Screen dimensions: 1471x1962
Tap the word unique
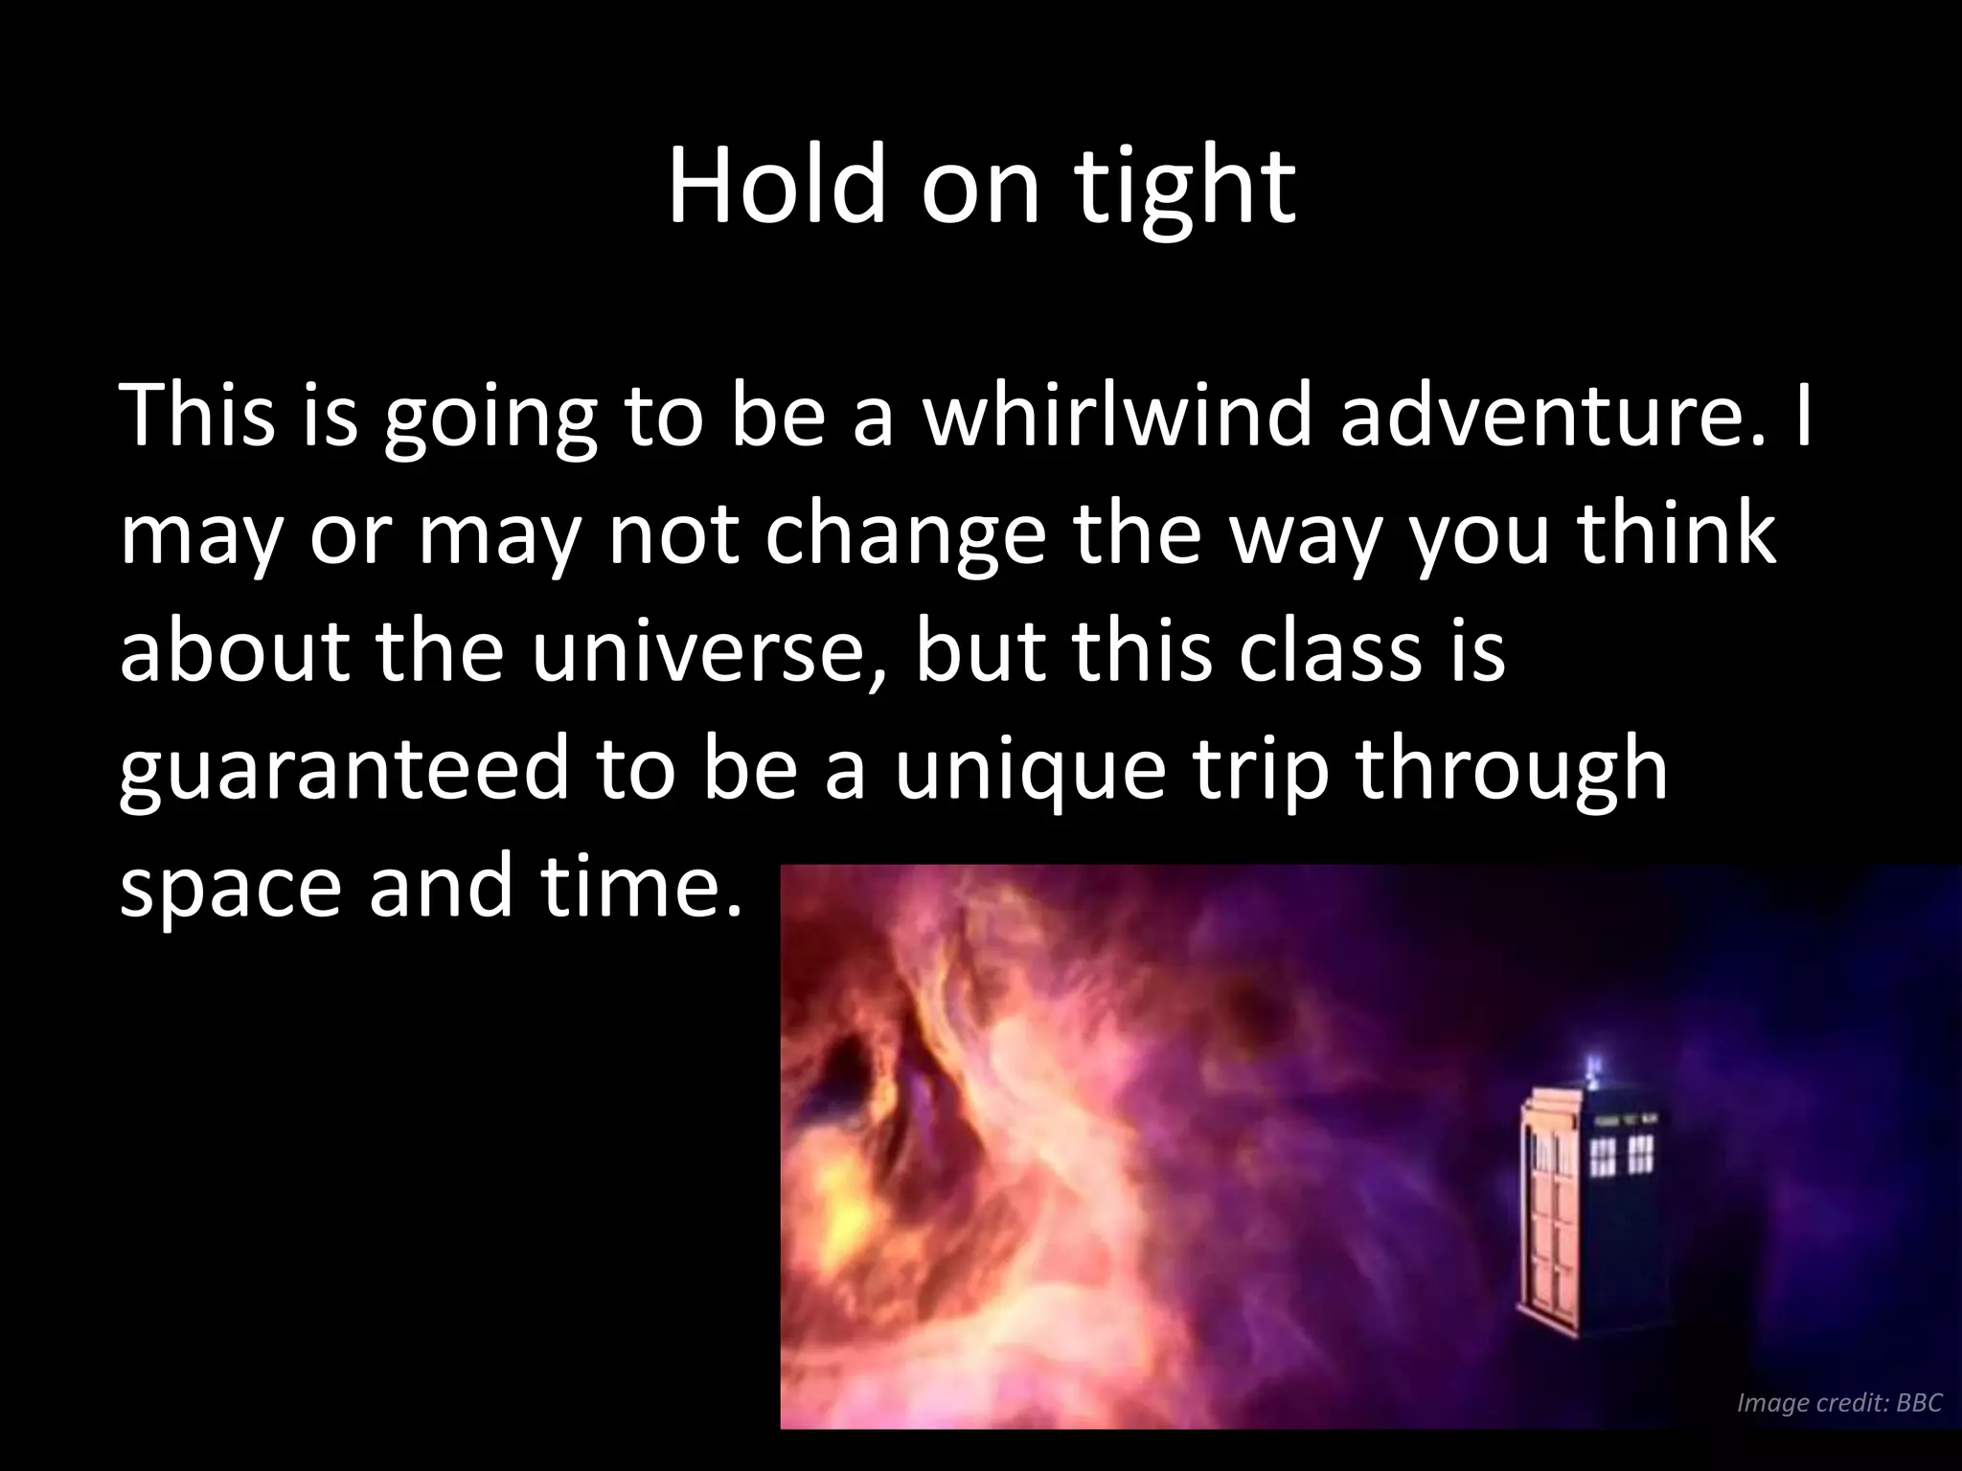(1030, 772)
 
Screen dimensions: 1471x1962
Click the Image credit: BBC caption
(1838, 1403)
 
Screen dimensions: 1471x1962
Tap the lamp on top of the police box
(1593, 1066)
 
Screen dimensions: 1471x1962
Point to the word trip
(1251, 772)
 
